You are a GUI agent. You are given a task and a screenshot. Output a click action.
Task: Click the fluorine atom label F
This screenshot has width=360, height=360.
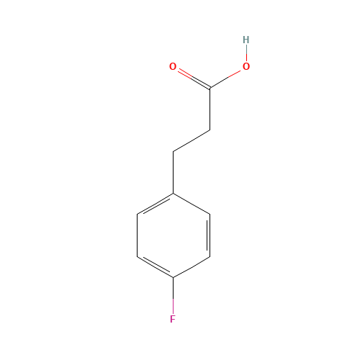(173, 319)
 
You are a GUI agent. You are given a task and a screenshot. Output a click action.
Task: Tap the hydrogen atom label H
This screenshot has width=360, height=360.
(246, 40)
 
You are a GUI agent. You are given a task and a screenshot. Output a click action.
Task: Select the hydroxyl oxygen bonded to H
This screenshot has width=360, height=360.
(246, 67)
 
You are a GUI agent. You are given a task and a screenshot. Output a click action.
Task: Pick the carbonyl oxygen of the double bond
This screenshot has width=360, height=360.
(173, 67)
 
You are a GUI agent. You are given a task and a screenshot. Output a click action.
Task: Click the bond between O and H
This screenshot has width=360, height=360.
(246, 53)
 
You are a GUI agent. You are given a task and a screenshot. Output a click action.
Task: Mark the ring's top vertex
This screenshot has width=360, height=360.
(174, 193)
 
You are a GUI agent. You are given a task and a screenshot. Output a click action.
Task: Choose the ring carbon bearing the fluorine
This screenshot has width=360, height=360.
(174, 277)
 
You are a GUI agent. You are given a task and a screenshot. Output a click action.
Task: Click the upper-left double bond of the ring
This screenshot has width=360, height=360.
(156, 204)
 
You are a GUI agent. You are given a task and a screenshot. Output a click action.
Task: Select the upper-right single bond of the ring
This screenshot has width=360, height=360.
(192, 204)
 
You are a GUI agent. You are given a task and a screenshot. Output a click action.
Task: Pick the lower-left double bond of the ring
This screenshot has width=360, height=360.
(156, 266)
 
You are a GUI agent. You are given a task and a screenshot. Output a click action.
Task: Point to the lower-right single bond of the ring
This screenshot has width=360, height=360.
(192, 266)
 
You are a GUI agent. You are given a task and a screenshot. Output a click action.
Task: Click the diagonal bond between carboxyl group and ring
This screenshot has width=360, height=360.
(192, 141)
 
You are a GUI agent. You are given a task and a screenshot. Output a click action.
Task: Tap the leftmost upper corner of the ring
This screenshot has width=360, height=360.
(138, 214)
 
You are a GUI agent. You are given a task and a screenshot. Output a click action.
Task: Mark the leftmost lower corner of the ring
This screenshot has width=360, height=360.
(138, 256)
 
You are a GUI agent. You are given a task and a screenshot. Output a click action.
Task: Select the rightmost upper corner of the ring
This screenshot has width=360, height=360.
(210, 214)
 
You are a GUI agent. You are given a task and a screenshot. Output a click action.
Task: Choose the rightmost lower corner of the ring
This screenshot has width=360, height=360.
(210, 256)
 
